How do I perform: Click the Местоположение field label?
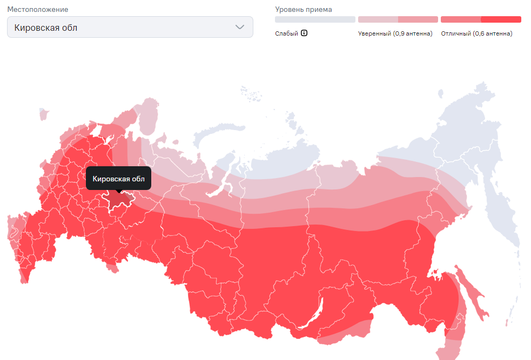(x=37, y=10)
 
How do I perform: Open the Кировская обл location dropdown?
(x=130, y=28)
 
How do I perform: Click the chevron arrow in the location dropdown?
(x=240, y=28)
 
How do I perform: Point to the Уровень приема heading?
(x=304, y=10)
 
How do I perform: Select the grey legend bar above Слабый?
(x=315, y=19)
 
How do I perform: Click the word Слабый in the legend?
(x=286, y=33)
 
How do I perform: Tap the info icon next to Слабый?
(x=304, y=33)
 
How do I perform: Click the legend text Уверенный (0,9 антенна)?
(x=395, y=33)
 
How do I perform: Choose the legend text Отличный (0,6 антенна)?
(x=476, y=33)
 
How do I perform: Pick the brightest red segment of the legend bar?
(x=501, y=19)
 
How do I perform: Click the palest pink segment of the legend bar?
(x=378, y=19)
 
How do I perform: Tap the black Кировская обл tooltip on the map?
(x=118, y=179)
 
